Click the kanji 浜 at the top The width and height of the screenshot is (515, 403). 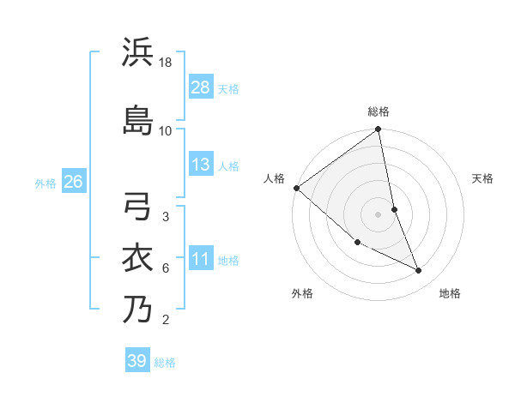tap(137, 52)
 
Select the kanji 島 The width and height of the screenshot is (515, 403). tap(137, 119)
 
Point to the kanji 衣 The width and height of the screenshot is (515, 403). tap(137, 257)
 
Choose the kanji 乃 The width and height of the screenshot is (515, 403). tap(137, 309)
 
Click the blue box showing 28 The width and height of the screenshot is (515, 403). tap(201, 87)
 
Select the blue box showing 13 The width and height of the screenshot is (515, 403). tap(201, 165)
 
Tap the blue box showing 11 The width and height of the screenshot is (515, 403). tap(201, 259)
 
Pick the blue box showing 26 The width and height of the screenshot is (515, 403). tap(73, 182)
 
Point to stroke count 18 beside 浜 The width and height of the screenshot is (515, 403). tap(167, 63)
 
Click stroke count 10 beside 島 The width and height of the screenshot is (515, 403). tap(166, 130)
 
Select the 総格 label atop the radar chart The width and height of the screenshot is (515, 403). tap(379, 111)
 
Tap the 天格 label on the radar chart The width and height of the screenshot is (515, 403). tap(482, 178)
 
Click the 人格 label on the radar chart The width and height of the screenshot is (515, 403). tap(275, 178)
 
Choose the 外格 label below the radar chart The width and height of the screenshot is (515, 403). tap(302, 293)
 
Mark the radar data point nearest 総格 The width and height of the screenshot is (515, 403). tap(379, 130)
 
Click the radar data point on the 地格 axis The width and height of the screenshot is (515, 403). tap(419, 270)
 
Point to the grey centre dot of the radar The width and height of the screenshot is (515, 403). tap(379, 214)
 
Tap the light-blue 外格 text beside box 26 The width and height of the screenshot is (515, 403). tap(45, 183)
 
